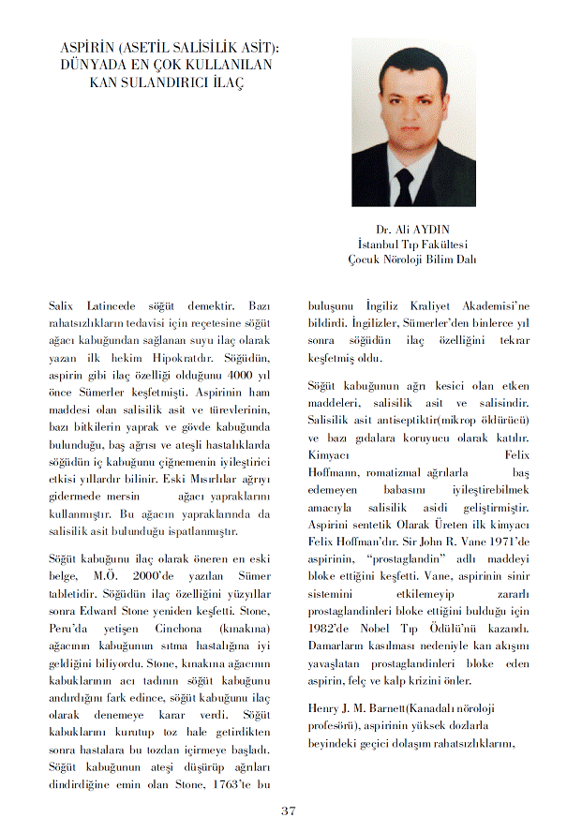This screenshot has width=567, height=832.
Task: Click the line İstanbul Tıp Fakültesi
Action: coord(412,245)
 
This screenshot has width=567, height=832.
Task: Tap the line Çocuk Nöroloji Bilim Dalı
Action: coord(412,260)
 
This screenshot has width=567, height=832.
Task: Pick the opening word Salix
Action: coord(63,306)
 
